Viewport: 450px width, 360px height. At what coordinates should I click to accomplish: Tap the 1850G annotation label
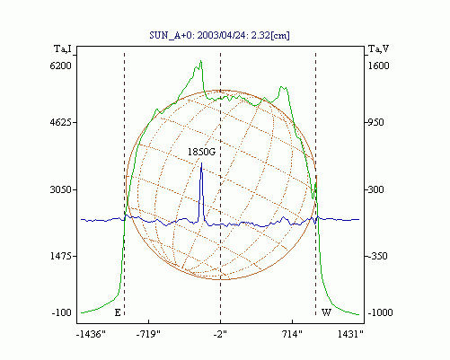201,152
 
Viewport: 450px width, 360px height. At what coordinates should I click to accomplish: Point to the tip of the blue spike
201,162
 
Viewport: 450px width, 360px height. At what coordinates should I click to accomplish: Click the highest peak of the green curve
201,61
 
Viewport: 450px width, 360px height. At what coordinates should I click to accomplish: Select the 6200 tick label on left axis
60,66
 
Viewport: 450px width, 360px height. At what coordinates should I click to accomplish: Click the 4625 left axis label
60,122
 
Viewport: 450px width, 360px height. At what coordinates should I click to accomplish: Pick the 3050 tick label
60,189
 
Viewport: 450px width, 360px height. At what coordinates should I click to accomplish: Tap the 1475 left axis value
60,256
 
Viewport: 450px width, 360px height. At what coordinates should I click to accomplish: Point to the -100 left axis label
62,312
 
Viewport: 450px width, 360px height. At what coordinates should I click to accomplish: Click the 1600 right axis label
378,66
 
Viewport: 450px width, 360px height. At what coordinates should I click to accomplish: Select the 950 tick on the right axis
375,122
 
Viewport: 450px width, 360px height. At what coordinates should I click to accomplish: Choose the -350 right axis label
377,256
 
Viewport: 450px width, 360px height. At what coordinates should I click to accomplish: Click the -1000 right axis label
380,312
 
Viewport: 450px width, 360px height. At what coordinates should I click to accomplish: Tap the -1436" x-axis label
91,334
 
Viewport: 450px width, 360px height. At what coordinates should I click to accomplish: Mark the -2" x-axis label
220,334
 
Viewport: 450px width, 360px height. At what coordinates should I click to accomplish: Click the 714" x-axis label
293,334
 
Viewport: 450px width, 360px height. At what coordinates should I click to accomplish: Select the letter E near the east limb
118,312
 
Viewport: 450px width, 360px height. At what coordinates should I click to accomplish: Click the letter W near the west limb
326,312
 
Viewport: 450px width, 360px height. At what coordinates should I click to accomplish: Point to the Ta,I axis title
63,48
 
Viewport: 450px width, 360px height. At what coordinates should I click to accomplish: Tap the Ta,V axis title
378,48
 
